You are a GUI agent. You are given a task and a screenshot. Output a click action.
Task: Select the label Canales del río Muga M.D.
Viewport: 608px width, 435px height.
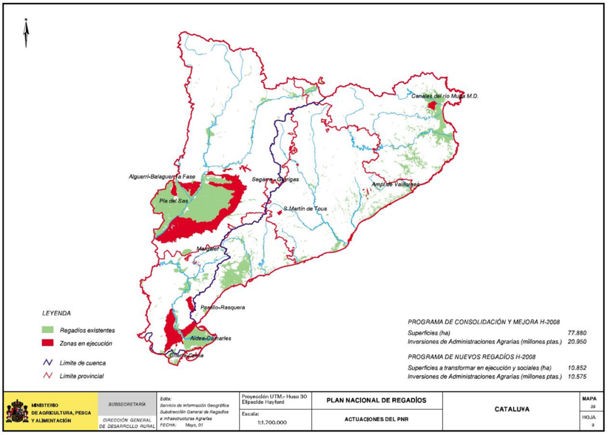coord(444,96)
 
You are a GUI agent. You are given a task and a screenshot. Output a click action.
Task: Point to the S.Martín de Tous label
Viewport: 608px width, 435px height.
coord(305,209)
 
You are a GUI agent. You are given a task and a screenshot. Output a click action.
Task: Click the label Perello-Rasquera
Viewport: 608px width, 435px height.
coord(223,307)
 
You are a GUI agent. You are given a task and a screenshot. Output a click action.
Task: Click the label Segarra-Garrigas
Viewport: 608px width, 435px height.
coord(275,179)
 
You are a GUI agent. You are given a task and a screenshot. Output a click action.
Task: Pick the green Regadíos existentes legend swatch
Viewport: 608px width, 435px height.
coord(47,331)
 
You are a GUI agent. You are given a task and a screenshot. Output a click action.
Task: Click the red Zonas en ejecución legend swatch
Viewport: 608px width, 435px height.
coord(47,343)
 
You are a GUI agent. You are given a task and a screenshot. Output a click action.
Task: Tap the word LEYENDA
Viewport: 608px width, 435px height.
coord(57,312)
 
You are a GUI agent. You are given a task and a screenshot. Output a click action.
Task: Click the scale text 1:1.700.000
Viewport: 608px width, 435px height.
coord(272,423)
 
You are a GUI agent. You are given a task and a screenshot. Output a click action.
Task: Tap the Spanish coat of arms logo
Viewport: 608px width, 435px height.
coord(17,411)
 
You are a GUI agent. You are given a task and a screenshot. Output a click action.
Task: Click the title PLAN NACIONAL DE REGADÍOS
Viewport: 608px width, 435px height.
coord(376,400)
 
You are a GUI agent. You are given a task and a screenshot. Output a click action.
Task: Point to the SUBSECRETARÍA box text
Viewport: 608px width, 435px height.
coord(127,404)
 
